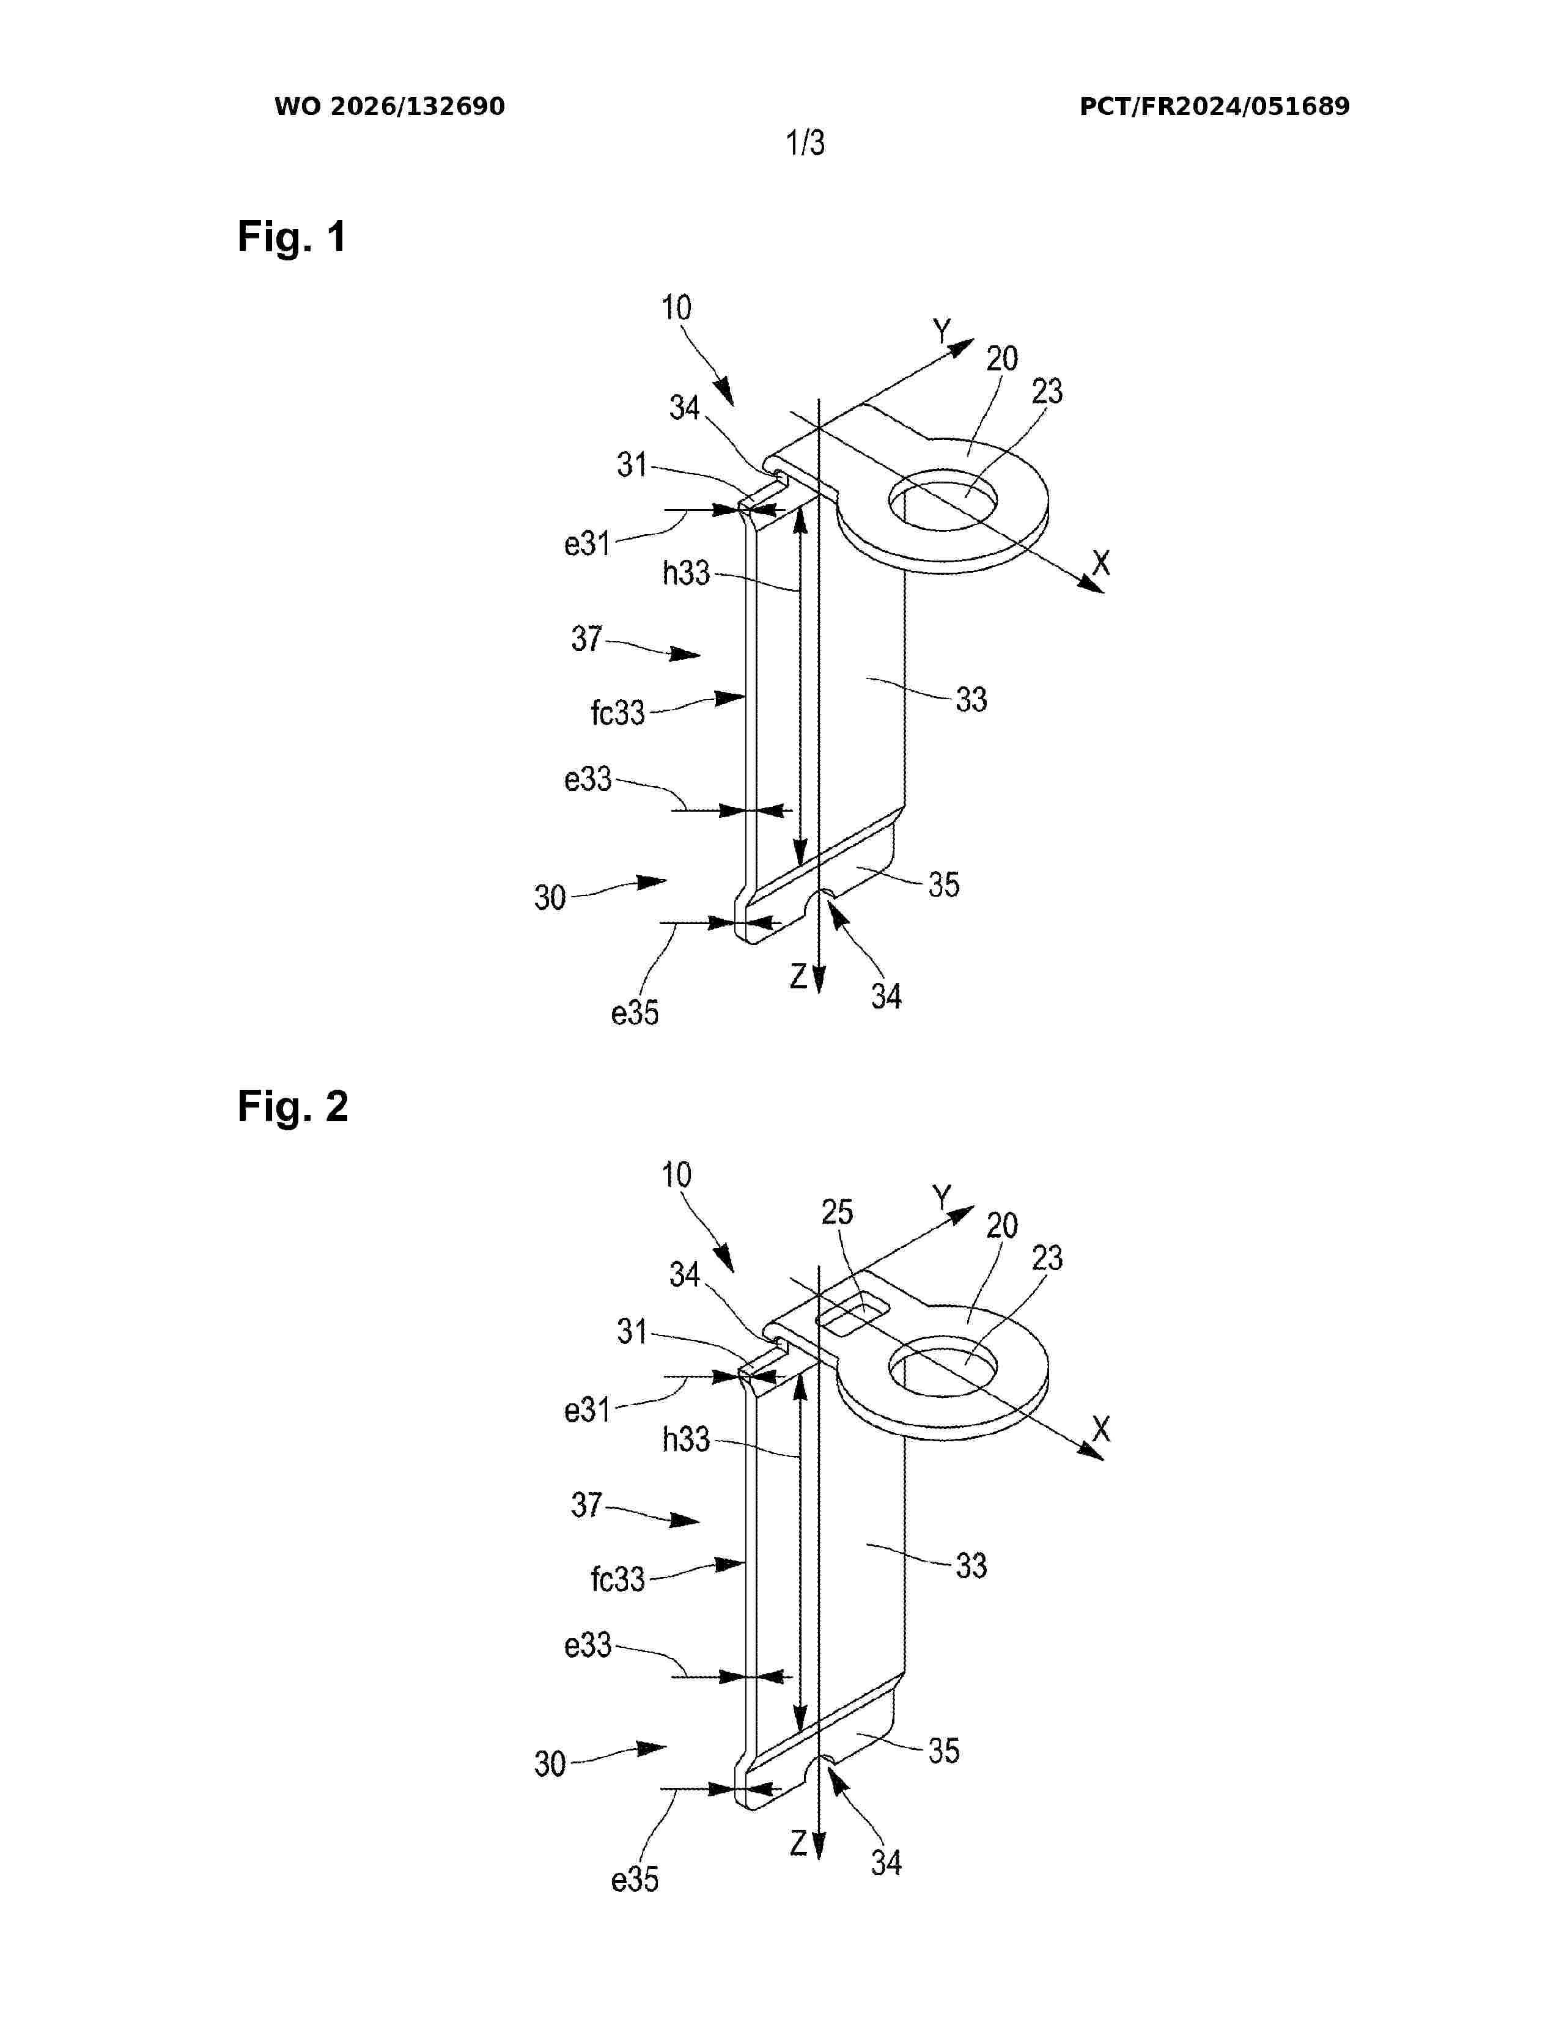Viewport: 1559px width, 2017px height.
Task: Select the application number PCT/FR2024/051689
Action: coord(1215,106)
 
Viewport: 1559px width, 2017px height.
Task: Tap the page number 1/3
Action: coord(805,142)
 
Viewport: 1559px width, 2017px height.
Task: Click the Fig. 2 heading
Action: coord(293,1106)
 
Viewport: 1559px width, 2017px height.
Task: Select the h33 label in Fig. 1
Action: coord(686,573)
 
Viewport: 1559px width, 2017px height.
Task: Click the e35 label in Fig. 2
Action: coord(635,1879)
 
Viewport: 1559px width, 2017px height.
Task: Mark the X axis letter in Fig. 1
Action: coord(1101,562)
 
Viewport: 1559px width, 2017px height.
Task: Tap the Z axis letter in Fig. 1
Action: coord(799,976)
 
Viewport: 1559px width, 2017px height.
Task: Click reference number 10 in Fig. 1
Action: coord(676,307)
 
